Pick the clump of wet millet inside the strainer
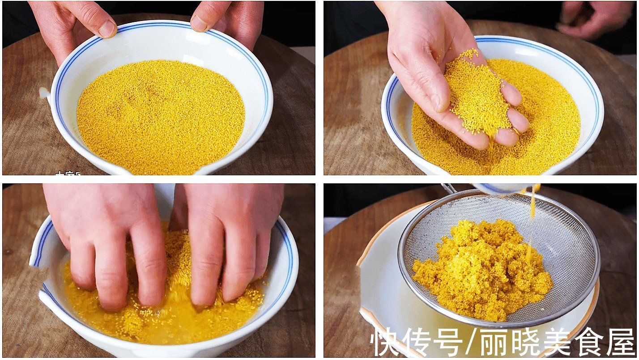click(483, 268)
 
